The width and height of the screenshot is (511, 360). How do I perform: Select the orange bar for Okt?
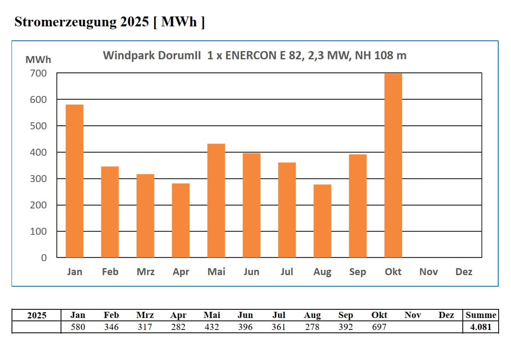pos(393,166)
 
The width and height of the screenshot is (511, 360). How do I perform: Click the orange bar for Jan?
pos(75,181)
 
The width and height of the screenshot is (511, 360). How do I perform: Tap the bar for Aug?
pos(322,221)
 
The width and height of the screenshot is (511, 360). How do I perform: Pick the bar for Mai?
pos(216,201)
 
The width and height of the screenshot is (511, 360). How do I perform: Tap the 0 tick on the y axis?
pos(43,258)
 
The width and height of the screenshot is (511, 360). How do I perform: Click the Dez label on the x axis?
pos(464,272)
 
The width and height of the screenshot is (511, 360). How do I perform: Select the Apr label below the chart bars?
pos(181,272)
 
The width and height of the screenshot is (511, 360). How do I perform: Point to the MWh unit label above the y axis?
pos(38,60)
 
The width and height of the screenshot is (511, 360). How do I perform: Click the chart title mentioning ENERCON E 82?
pos(254,56)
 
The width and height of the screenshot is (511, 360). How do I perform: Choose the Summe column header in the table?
pos(481,315)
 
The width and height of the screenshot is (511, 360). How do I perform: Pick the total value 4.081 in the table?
pos(481,327)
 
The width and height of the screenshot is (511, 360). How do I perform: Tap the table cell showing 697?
pos(379,327)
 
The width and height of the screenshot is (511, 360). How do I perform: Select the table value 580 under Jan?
pos(77,327)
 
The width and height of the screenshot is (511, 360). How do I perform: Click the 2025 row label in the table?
pos(37,316)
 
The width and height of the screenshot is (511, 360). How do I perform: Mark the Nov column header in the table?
pos(413,315)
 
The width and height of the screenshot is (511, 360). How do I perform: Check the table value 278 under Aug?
pos(312,327)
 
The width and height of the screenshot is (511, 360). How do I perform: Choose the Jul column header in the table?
pos(279,315)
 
